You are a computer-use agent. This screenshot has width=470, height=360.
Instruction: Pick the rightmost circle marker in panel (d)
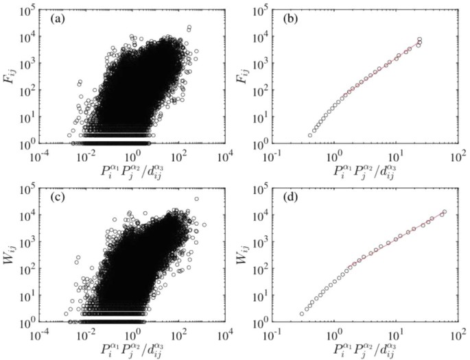[444, 212]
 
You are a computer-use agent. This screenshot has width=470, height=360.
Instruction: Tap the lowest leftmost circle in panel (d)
[303, 314]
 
